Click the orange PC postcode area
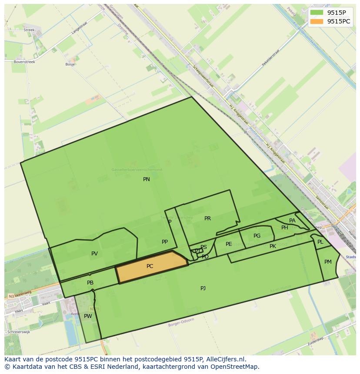tap(150, 266)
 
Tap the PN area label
tap(147, 179)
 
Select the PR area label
tap(207, 218)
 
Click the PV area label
tap(94, 254)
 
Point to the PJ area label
tap(203, 288)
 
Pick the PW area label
tap(88, 316)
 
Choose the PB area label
tap(90, 283)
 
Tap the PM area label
tap(328, 261)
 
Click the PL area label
tap(320, 242)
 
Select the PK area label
tap(273, 246)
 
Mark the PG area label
tap(257, 236)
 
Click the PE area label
tap(229, 244)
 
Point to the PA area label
tap(292, 221)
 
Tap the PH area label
tap(284, 228)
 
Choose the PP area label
tap(164, 242)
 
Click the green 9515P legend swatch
tap(317, 13)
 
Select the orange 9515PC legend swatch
tap(317, 21)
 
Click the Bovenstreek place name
tap(24, 62)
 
